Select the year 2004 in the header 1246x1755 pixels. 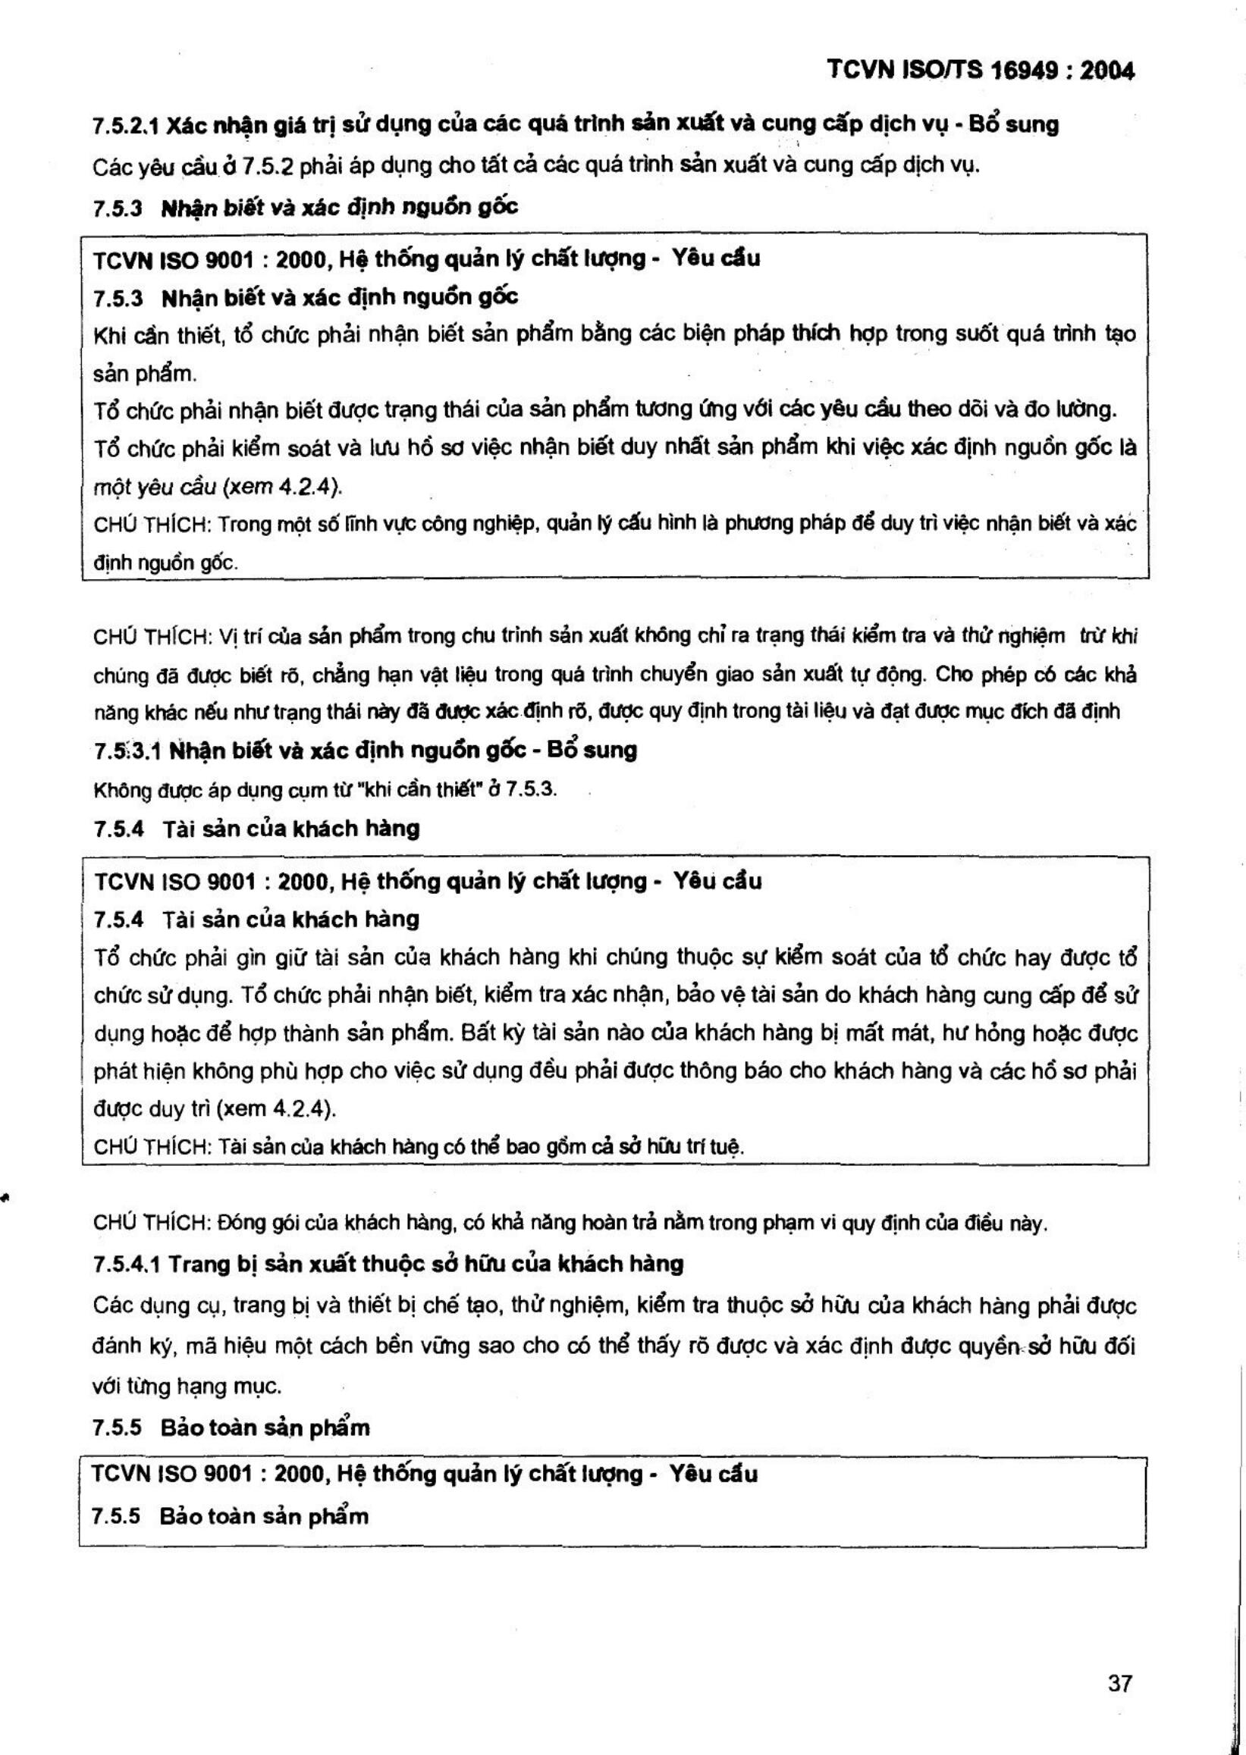(x=1107, y=71)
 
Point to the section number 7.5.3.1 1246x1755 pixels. (x=127, y=751)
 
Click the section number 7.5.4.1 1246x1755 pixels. (x=126, y=1264)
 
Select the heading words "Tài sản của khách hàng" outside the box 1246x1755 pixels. (x=290, y=829)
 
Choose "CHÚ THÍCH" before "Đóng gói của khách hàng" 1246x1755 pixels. (x=151, y=1224)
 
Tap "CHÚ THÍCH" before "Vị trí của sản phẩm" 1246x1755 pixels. (x=151, y=637)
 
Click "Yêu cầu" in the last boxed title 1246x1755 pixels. (x=713, y=1475)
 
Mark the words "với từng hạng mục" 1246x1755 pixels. (x=187, y=1387)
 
